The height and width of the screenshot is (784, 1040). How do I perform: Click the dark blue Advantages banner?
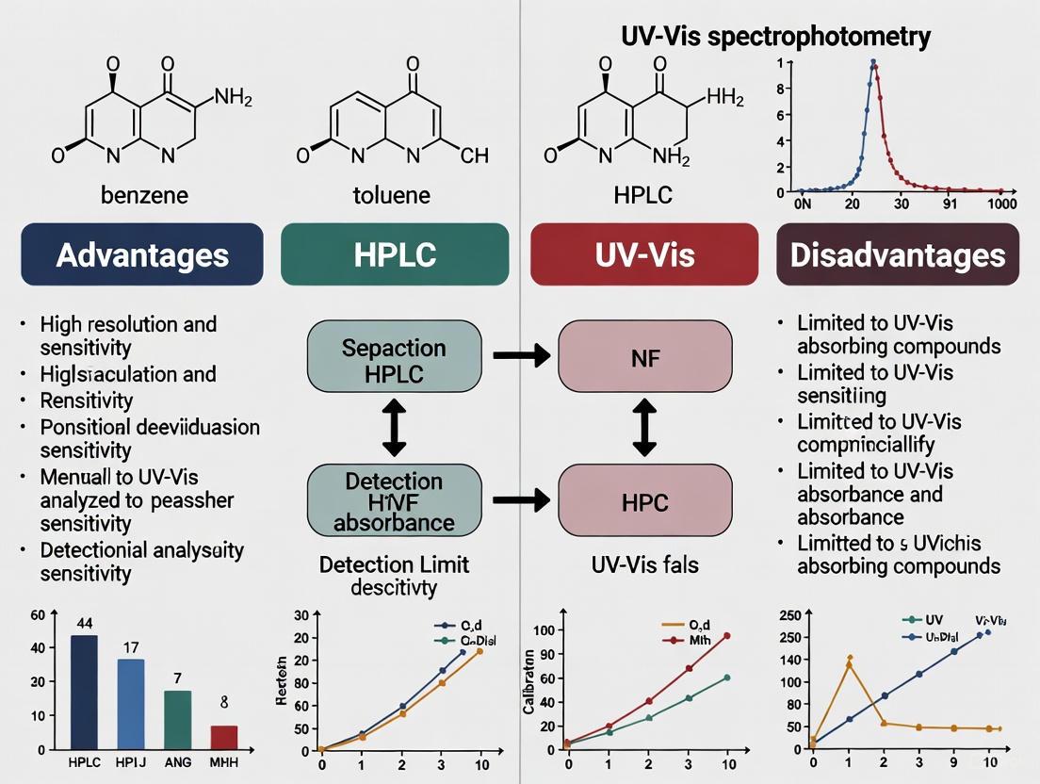[141, 254]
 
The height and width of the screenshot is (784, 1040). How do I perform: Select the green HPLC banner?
[395, 254]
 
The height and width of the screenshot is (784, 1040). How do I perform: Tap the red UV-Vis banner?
[645, 254]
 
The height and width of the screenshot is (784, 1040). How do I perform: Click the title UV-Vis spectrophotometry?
[775, 37]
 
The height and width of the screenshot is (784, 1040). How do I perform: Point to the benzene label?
[145, 195]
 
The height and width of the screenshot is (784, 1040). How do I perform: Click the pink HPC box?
[646, 501]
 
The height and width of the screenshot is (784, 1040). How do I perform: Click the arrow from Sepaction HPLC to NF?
[523, 357]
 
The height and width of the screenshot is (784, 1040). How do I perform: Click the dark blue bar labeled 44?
[84, 692]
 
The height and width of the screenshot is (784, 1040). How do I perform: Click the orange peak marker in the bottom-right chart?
[850, 660]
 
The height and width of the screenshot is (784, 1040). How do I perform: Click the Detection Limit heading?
[394, 564]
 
